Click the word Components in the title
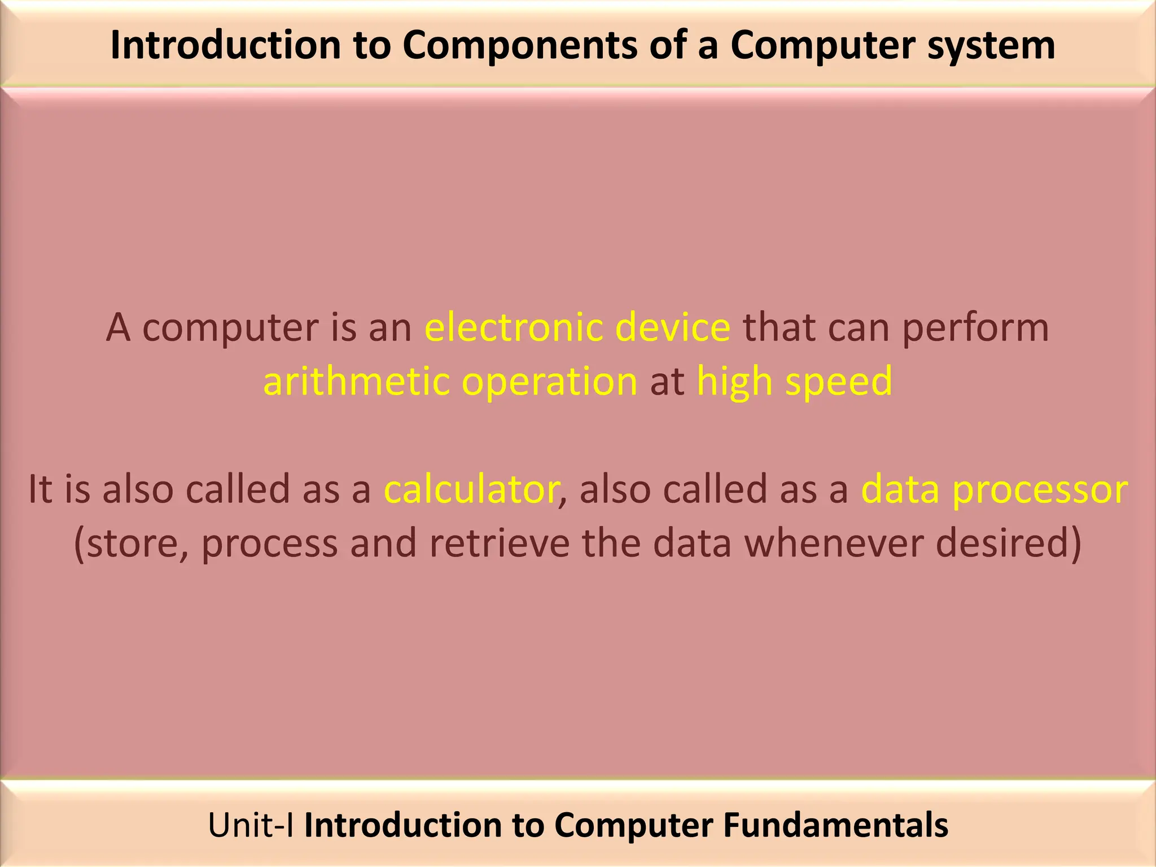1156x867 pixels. click(519, 45)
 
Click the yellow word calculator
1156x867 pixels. click(472, 489)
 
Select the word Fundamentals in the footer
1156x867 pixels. click(835, 825)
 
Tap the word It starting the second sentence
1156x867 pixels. click(40, 489)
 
